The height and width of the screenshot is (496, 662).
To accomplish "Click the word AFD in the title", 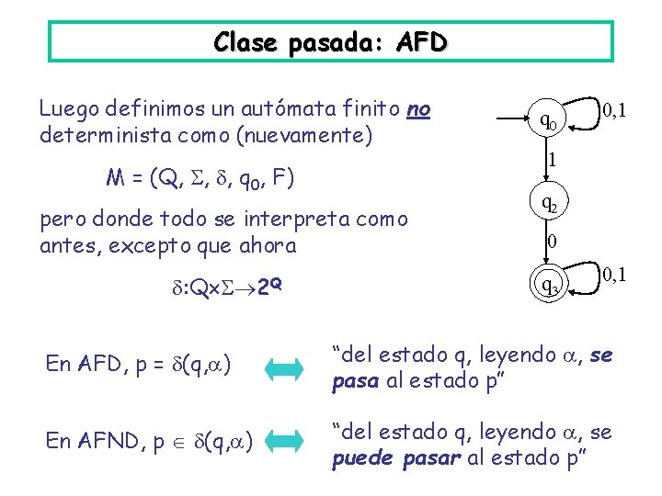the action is pyautogui.click(x=421, y=42).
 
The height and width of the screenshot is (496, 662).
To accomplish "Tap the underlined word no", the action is pyautogui.click(x=417, y=110).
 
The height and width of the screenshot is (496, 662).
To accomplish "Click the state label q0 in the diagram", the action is pyautogui.click(x=547, y=118).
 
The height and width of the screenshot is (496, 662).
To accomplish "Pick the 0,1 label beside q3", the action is pyautogui.click(x=613, y=274).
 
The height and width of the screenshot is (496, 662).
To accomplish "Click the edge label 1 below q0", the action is pyautogui.click(x=551, y=160).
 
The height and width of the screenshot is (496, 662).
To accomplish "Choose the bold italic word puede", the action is pyautogui.click(x=364, y=457).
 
